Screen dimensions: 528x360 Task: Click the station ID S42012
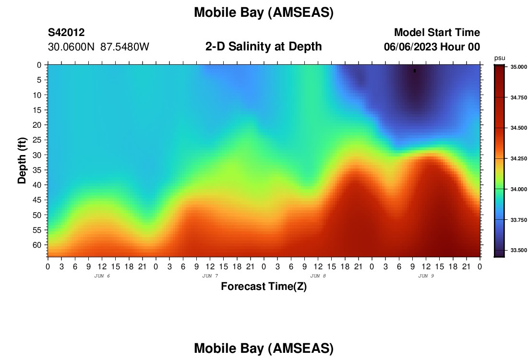pos(66,32)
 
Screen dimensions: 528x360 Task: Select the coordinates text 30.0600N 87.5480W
pos(98,47)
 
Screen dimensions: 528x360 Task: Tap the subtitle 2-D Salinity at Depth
pos(264,47)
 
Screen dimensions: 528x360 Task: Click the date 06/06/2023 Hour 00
pos(432,47)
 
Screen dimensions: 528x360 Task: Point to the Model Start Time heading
pos(437,32)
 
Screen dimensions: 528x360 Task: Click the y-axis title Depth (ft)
pos(22,161)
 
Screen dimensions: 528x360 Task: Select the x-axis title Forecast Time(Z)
pos(264,286)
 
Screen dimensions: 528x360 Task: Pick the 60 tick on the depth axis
pos(37,245)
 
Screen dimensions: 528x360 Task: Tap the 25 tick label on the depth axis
pos(37,140)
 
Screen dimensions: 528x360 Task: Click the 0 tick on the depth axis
pos(39,65)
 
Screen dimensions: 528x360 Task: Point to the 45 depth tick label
pos(37,200)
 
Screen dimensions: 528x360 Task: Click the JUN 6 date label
pos(102,276)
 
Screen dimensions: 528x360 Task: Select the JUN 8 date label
pos(318,276)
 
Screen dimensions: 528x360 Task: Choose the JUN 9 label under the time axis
pos(426,276)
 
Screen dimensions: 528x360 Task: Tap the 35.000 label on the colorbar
pos(518,67)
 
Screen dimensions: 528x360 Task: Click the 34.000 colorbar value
pos(518,189)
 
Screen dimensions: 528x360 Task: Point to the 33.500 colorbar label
pos(518,250)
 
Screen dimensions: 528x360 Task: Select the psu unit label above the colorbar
pos(500,58)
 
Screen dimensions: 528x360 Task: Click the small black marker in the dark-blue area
pos(415,71)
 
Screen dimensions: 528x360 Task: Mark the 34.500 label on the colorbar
pos(518,128)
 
